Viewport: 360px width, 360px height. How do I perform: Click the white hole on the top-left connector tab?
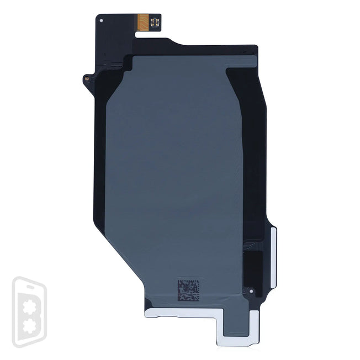(x=100, y=20)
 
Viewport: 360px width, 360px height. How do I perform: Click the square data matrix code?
(x=188, y=290)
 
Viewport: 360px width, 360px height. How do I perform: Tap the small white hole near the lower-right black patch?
(x=251, y=290)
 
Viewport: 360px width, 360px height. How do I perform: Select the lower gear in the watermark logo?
(x=29, y=329)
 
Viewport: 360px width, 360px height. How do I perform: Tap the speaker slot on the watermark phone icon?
(x=28, y=285)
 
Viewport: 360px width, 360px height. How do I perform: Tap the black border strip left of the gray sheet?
(x=99, y=166)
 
